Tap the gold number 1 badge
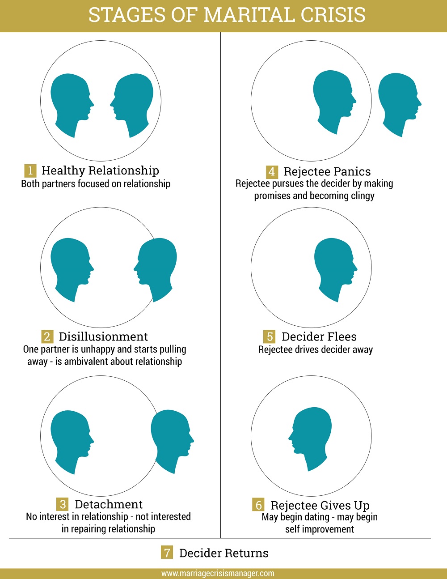click(x=30, y=170)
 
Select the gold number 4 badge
click(x=272, y=172)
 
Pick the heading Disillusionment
click(x=103, y=336)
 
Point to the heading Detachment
click(x=109, y=504)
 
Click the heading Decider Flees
click(x=319, y=336)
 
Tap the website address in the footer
click(x=218, y=573)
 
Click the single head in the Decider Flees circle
click(x=336, y=270)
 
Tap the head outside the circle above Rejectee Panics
click(x=400, y=105)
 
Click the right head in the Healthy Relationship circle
click(x=132, y=106)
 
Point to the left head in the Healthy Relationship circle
click(x=72, y=106)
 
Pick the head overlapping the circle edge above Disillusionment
click(x=155, y=270)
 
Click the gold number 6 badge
click(x=258, y=505)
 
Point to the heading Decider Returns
click(x=224, y=553)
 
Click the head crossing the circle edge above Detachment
click(x=173, y=442)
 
